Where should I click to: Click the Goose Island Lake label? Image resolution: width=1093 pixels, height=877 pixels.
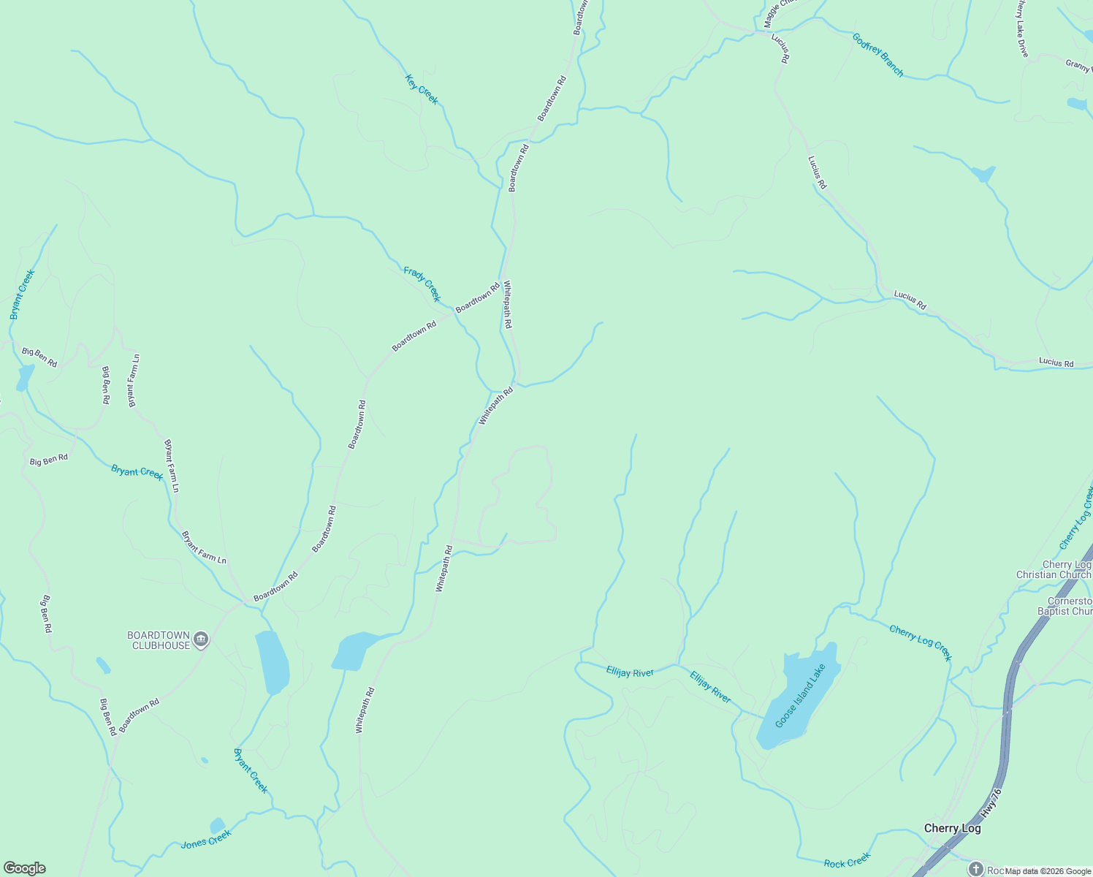pyautogui.click(x=800, y=696)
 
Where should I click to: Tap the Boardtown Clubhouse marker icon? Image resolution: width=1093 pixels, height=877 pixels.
pyautogui.click(x=202, y=640)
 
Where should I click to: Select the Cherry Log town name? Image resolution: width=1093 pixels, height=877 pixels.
pyautogui.click(x=952, y=828)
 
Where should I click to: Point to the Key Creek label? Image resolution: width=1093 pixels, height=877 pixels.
pyautogui.click(x=422, y=90)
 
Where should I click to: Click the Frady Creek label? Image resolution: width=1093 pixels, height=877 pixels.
pyautogui.click(x=422, y=284)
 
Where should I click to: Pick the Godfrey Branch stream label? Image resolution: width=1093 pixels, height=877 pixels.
pyautogui.click(x=878, y=55)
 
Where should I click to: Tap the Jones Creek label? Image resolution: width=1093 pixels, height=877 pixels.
pyautogui.click(x=206, y=839)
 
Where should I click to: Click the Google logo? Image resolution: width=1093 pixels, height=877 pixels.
pyautogui.click(x=25, y=868)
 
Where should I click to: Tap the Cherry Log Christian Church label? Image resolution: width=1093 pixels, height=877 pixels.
pyautogui.click(x=1054, y=569)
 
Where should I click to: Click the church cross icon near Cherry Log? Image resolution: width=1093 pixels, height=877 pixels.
pyautogui.click(x=975, y=869)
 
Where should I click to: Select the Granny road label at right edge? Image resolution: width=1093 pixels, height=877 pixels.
pyautogui.click(x=1078, y=64)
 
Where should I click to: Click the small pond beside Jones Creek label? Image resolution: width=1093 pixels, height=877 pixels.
pyautogui.click(x=217, y=825)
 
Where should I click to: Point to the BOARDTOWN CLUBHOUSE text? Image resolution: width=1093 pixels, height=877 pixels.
pyautogui.click(x=159, y=640)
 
